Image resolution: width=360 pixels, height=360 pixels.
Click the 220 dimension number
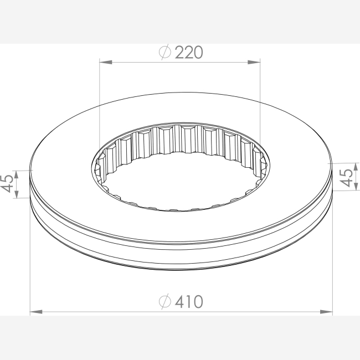pos(189,53)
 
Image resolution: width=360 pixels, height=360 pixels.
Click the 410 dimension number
pos(189,301)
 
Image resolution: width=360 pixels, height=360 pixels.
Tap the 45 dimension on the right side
pos(346,178)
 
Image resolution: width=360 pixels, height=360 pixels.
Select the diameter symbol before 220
pos(165,52)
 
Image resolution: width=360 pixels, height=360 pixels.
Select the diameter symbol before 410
pos(165,301)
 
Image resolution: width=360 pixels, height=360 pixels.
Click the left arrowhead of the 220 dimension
pos(106,62)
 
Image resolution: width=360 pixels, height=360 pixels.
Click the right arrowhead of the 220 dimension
pos(254,62)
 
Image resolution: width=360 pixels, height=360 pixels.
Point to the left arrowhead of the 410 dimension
pos(36,312)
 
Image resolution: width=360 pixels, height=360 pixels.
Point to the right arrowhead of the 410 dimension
pos(326,312)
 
